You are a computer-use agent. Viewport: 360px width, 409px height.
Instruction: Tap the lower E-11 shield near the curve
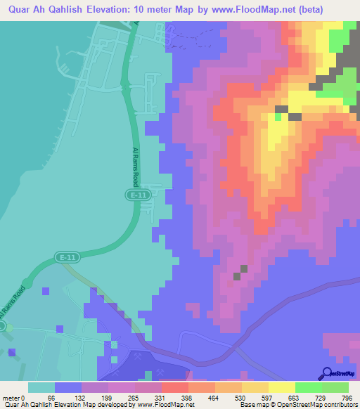[x=67, y=258]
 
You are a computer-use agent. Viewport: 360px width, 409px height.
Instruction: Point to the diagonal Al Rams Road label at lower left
[x=12, y=307]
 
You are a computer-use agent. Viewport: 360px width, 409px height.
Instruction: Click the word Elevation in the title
[x=129, y=9]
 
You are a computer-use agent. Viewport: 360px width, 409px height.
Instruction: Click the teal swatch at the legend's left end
[x=41, y=387]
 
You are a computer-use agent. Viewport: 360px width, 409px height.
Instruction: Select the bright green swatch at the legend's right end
[x=335, y=387]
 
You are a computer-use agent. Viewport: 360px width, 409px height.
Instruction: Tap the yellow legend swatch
[x=281, y=387]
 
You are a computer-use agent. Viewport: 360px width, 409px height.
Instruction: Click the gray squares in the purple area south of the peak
[x=241, y=271]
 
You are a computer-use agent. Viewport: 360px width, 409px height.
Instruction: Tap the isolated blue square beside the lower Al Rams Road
[x=46, y=290]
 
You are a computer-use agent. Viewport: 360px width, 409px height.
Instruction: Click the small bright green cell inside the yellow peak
[x=280, y=117]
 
